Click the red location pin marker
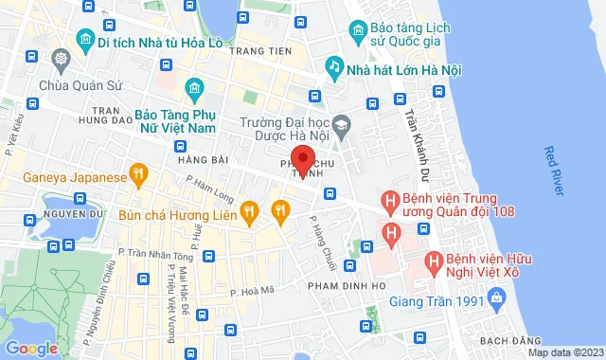pos(301,158)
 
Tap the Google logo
pos(32,348)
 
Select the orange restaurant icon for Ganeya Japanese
pos(138,173)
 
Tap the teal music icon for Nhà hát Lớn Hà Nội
pos(333,65)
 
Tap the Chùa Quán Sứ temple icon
pos(62,60)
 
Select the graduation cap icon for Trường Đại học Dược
pos(342,121)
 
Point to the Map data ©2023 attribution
pos(564,353)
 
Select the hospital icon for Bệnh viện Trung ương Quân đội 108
pos(388,201)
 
